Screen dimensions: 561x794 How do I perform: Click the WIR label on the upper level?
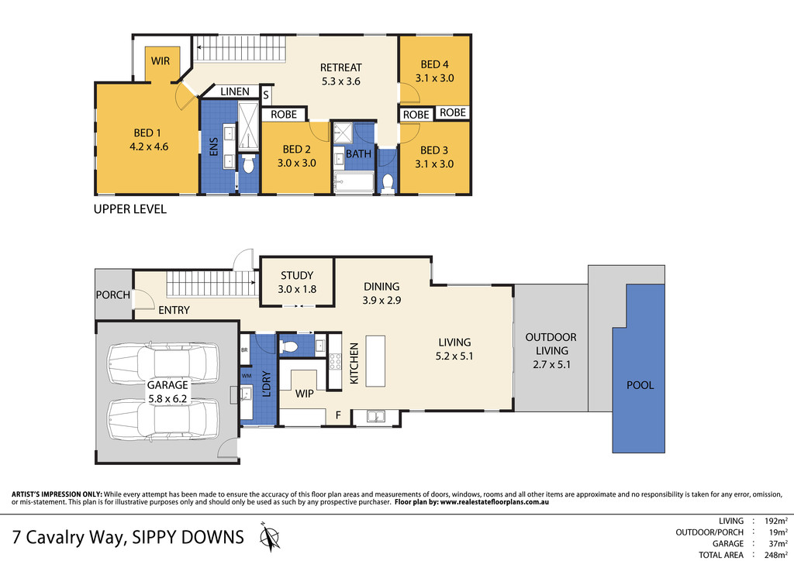point(161,60)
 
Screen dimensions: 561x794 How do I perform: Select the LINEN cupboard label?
point(235,92)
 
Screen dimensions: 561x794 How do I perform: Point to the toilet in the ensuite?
point(248,163)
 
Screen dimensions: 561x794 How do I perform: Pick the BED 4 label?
point(434,64)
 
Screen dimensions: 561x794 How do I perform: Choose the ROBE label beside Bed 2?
point(284,115)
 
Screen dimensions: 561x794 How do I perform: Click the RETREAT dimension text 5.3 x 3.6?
point(341,81)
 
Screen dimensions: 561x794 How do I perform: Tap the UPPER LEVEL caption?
point(129,209)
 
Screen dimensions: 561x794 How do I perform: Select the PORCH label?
point(112,295)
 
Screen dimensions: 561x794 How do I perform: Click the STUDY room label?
point(297,275)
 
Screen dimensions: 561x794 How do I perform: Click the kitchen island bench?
point(376,360)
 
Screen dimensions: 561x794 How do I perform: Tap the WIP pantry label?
point(304,394)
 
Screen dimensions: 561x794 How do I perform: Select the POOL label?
point(640,385)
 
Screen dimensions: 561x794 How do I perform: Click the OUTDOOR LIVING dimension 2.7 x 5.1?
point(551,364)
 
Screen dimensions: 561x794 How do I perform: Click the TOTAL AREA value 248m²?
point(775,555)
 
